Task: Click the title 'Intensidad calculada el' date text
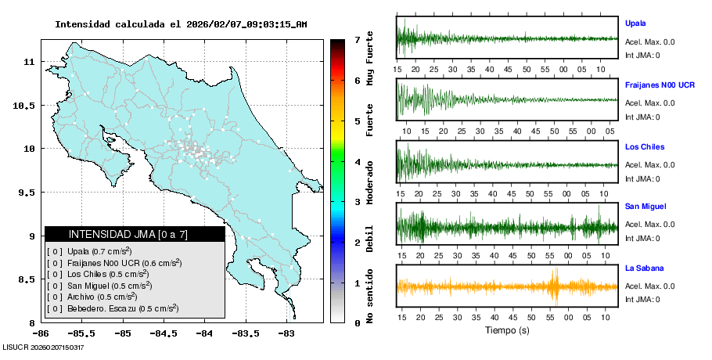[181, 24]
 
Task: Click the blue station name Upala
[636, 23]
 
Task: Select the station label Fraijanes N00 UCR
[660, 85]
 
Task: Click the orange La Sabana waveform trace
[507, 286]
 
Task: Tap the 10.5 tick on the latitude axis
[24, 106]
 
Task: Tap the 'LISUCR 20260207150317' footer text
[44, 347]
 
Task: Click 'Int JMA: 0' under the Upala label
[642, 55]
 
